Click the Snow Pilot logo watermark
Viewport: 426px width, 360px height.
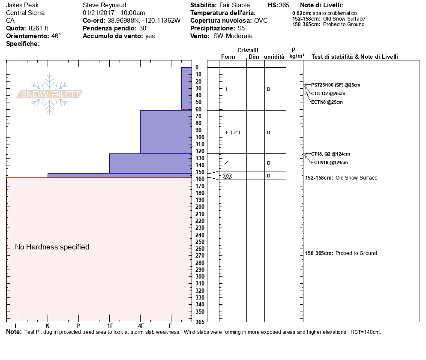pyautogui.click(x=50, y=94)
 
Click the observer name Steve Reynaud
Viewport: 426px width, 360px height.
pyautogui.click(x=105, y=5)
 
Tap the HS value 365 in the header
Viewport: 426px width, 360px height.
pyautogui.click(x=284, y=5)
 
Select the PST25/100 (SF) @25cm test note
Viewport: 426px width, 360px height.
pyautogui.click(x=336, y=85)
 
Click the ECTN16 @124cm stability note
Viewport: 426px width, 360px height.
pyautogui.click(x=330, y=162)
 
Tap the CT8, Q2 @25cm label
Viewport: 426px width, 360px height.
pyautogui.click(x=328, y=93)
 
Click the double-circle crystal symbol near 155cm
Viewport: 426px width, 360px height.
pyautogui.click(x=228, y=176)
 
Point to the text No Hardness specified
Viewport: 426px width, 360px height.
pyautogui.click(x=52, y=247)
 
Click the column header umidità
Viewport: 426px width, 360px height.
pyautogui.click(x=274, y=57)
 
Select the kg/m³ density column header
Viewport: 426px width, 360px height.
pyautogui.click(x=297, y=56)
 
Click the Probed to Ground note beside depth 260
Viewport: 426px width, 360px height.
pyautogui.click(x=356, y=253)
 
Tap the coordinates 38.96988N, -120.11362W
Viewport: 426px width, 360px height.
pyautogui.click(x=144, y=21)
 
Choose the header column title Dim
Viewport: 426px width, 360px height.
pyautogui.click(x=254, y=57)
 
